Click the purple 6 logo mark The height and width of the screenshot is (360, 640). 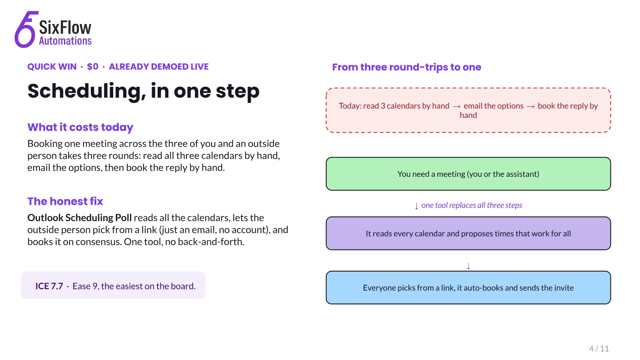pyautogui.click(x=25, y=30)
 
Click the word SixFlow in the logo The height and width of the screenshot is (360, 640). pyautogui.click(x=65, y=28)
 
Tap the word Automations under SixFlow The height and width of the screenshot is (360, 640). pyautogui.click(x=65, y=41)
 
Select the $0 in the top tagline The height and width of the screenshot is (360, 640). pyautogui.click(x=92, y=66)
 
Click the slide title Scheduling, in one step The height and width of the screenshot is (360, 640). pyautogui.click(x=144, y=91)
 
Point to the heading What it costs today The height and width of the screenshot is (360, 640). pyautogui.click(x=80, y=127)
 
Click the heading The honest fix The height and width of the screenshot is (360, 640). pyautogui.click(x=65, y=201)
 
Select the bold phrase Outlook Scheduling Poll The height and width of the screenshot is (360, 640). pyautogui.click(x=80, y=218)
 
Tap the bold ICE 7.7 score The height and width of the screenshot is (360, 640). pyautogui.click(x=49, y=286)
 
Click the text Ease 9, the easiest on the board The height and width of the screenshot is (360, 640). pyautogui.click(x=134, y=286)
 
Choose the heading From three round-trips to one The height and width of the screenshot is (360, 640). pyautogui.click(x=406, y=67)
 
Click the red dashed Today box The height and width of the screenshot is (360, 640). pyautogui.click(x=468, y=110)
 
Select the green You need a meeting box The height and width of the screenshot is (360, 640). pyautogui.click(x=468, y=174)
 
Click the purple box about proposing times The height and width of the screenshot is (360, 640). pyautogui.click(x=468, y=234)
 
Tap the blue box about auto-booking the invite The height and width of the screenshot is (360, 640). pyautogui.click(x=468, y=288)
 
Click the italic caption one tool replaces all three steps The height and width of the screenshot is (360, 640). pyautogui.click(x=472, y=205)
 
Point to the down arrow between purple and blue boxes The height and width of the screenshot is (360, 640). pyautogui.click(x=468, y=266)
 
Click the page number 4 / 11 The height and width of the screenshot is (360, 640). pyautogui.click(x=599, y=348)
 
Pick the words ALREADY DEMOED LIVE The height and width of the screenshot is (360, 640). pyautogui.click(x=158, y=66)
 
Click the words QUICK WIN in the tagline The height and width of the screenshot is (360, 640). pyautogui.click(x=52, y=66)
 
